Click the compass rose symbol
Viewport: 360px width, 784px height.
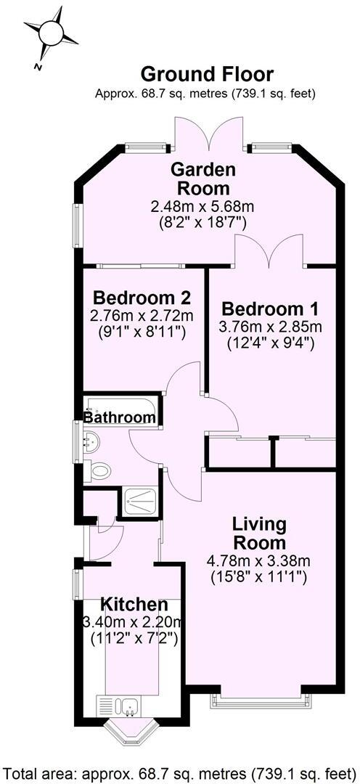[51, 33]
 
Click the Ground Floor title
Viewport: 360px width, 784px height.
[207, 74]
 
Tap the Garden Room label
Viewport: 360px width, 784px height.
[203, 179]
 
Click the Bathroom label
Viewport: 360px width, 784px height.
[120, 417]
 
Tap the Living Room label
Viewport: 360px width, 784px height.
[258, 533]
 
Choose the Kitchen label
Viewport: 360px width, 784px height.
[134, 604]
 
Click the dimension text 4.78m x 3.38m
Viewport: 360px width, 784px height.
[258, 560]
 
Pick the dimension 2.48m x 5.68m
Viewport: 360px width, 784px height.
[203, 206]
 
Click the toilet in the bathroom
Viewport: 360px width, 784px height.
[99, 470]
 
